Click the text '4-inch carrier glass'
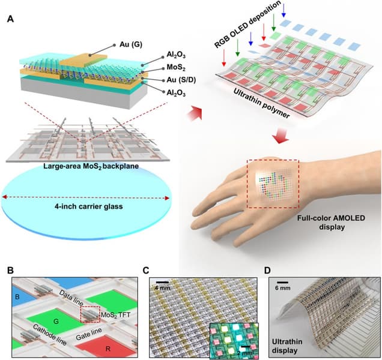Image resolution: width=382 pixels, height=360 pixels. pyautogui.click(x=88, y=209)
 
